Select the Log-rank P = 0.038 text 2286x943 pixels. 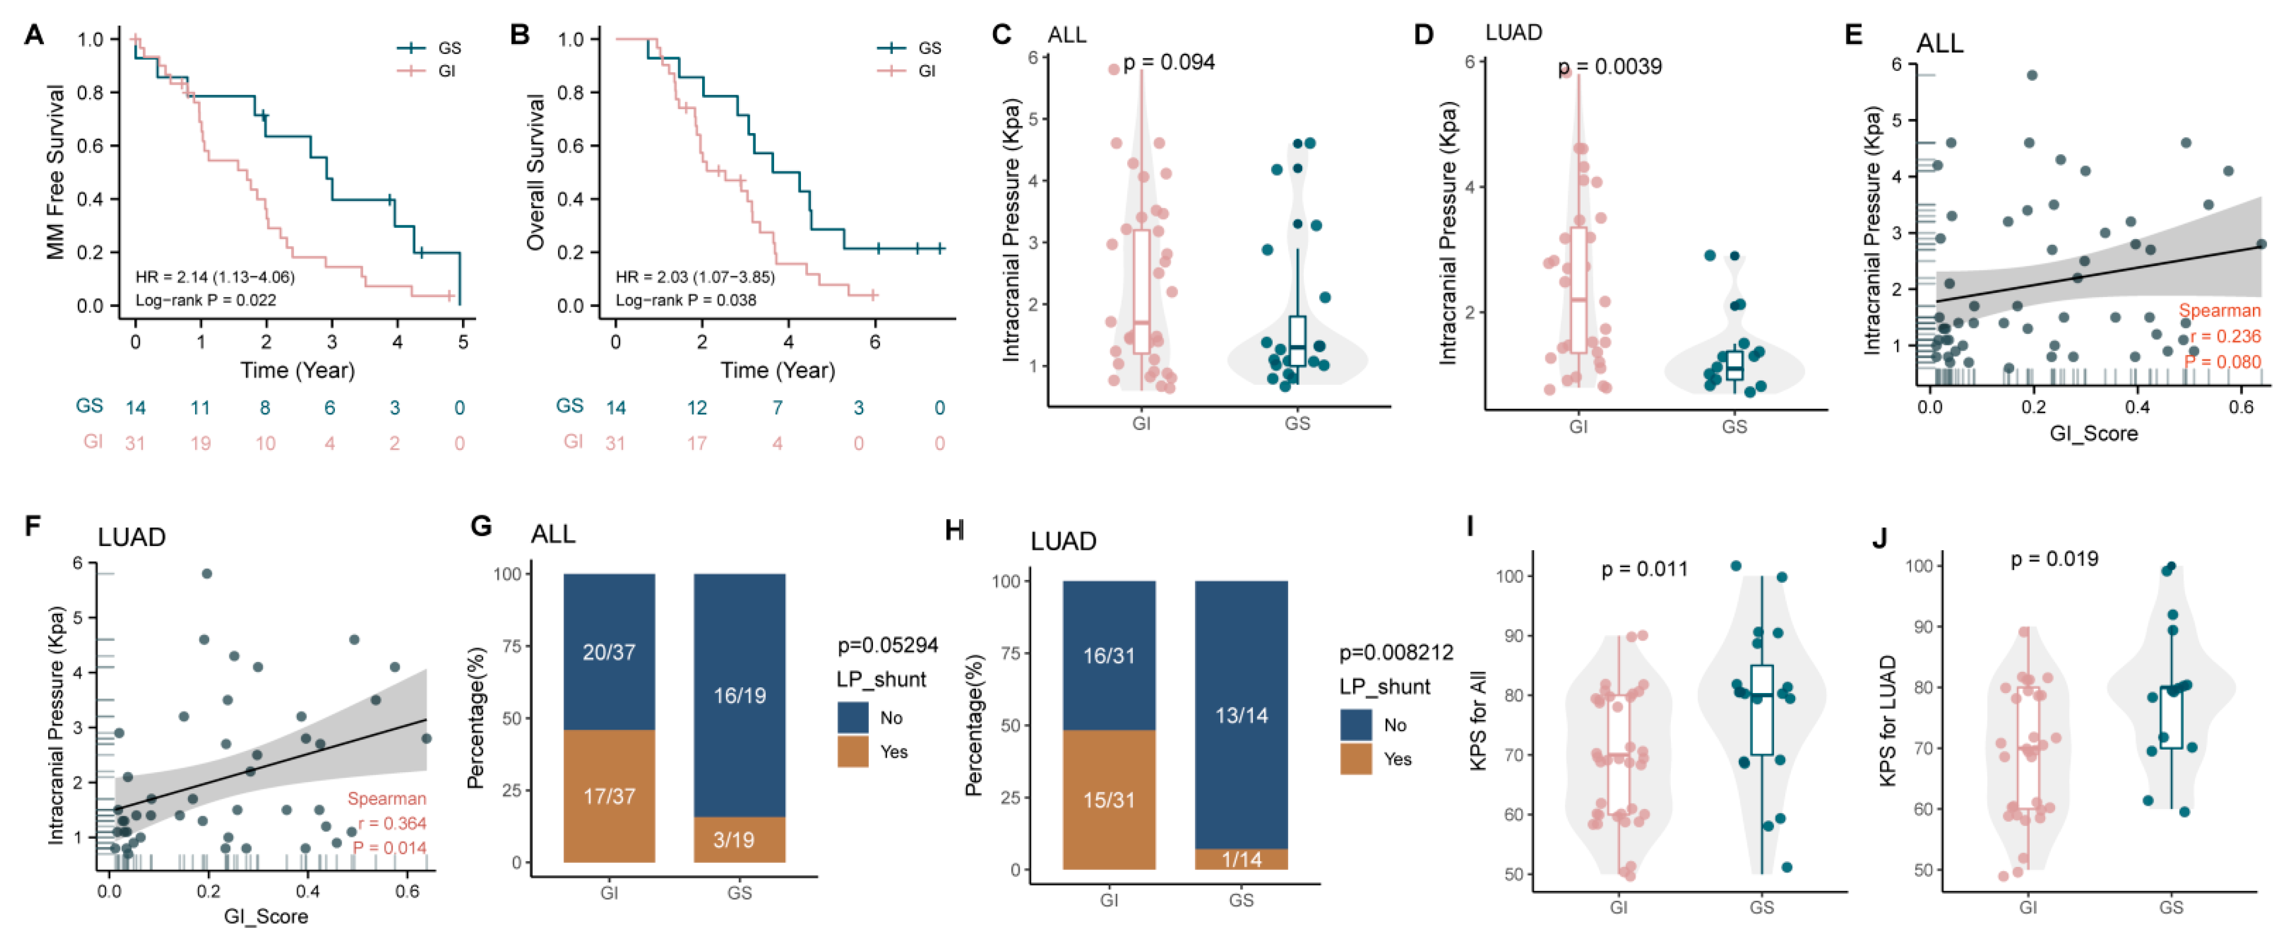coord(686,300)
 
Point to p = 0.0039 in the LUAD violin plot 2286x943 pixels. coord(1610,67)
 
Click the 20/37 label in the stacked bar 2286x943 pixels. coord(609,652)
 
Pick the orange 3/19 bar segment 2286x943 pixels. coord(739,838)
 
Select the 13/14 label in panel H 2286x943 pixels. coord(1241,715)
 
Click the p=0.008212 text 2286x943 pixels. coord(1396,653)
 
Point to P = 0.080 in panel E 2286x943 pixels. coord(2222,361)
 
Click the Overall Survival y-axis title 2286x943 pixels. coord(535,172)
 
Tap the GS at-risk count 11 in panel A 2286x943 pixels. coord(200,408)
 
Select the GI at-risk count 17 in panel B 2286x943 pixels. coord(696,443)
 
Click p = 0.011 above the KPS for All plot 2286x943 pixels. coord(1644,569)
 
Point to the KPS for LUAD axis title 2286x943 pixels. coord(1887,720)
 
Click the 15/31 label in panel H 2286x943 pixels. coord(1109,799)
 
